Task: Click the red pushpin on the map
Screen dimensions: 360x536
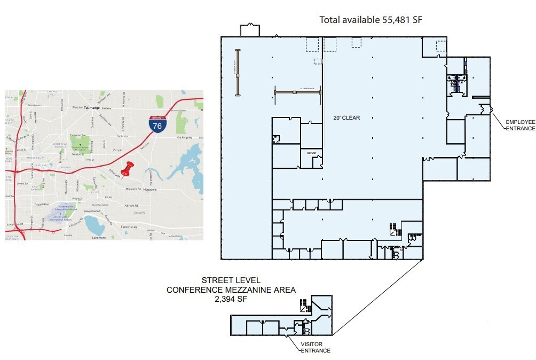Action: (127, 169)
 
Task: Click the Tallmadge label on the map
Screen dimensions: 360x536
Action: (92, 107)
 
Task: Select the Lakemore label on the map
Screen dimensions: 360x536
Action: (99, 237)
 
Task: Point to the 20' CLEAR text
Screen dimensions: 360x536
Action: (347, 118)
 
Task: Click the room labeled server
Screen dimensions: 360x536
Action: (312, 153)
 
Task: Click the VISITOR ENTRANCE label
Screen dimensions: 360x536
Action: (315, 347)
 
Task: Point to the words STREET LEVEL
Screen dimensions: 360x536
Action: (231, 280)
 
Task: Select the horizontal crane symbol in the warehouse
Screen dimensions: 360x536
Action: (297, 92)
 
